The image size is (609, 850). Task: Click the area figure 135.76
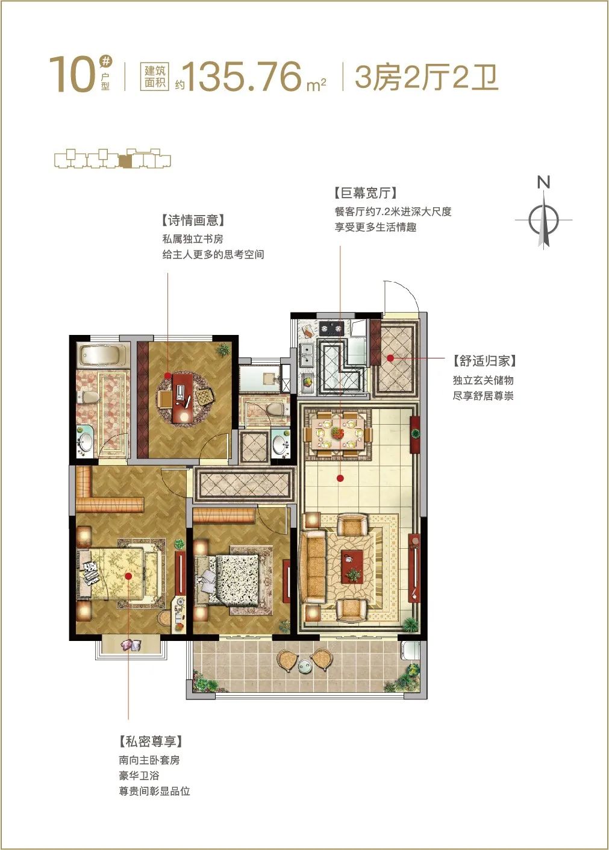(244, 77)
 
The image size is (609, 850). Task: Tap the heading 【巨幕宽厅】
(366, 193)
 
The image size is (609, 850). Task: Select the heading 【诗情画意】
(193, 220)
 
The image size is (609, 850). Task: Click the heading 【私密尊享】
(151, 741)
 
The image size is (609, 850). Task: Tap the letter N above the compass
(543, 183)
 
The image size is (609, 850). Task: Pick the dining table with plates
(338, 432)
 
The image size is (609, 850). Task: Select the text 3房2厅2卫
(426, 77)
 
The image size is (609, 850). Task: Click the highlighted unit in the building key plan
(125, 161)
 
